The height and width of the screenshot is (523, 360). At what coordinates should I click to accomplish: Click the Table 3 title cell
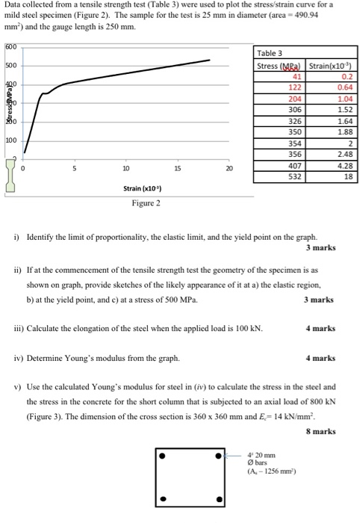(x=270, y=53)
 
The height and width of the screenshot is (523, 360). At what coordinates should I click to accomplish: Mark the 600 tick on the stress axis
(x=9, y=47)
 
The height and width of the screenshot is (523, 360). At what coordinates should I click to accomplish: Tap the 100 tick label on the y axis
(x=10, y=140)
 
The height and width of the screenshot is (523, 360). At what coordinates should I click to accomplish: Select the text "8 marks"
(x=320, y=431)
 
